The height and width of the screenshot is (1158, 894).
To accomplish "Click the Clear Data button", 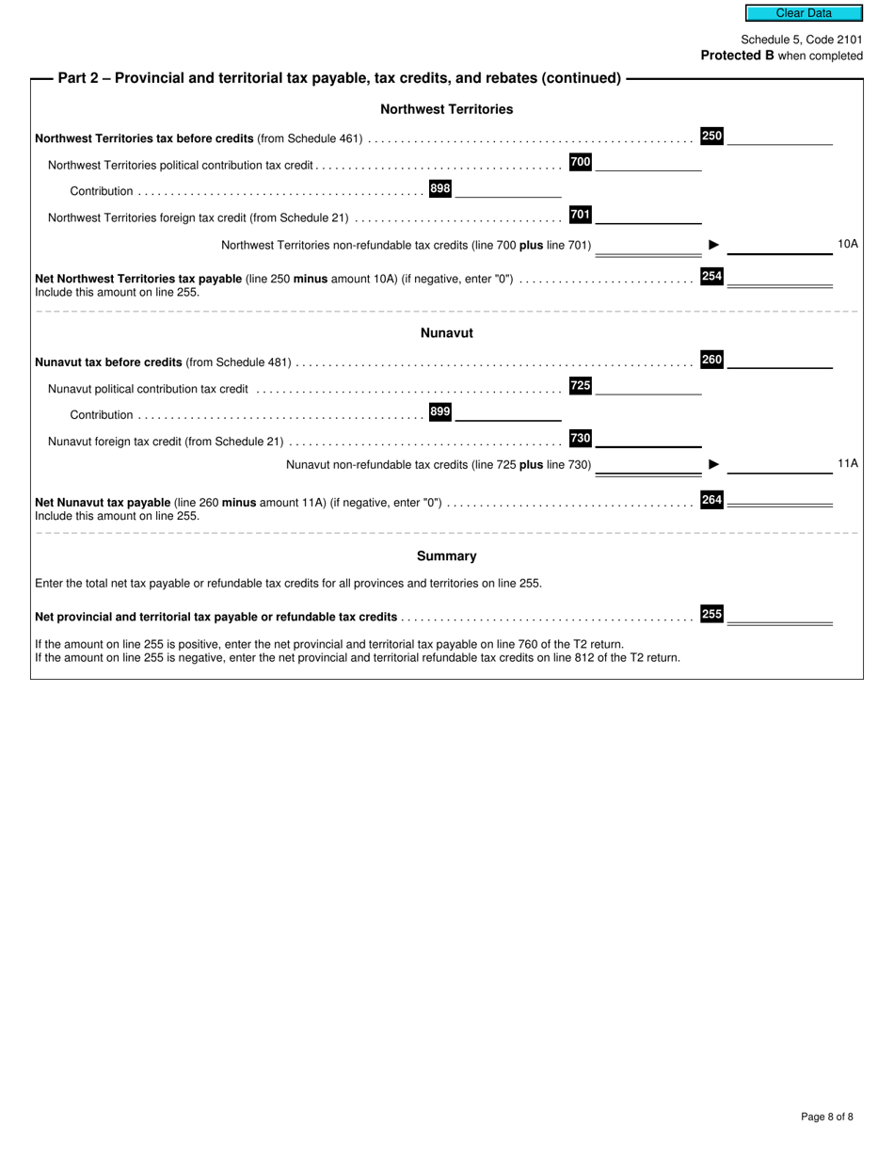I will (804, 13).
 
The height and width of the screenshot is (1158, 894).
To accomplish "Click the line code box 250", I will (711, 136).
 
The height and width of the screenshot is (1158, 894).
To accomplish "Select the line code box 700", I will (581, 162).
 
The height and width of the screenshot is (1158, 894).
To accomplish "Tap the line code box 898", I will (439, 188).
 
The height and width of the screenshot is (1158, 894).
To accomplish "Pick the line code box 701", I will (581, 215).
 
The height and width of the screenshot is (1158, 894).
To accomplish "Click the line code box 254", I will (711, 276).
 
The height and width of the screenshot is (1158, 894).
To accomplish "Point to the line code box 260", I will (711, 359).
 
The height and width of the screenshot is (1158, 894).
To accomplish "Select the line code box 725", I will (581, 385).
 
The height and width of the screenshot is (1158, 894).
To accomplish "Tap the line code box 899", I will (439, 411).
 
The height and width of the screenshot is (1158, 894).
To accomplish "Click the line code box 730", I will (581, 438).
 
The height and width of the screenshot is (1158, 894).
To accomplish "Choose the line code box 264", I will (711, 500).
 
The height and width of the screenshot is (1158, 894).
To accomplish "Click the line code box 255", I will (711, 614).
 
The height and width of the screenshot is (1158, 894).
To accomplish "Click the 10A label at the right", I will (847, 244).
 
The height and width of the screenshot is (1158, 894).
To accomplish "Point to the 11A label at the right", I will (847, 463).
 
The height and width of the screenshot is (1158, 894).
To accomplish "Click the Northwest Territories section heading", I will (446, 109).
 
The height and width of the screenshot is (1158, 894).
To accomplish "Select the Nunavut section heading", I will (446, 333).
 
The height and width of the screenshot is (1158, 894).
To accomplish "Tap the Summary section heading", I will (446, 556).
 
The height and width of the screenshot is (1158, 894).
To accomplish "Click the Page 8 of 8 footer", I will (826, 1117).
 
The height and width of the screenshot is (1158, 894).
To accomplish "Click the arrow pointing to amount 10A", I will (714, 245).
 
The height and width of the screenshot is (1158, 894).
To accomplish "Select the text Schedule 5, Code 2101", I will (801, 40).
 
